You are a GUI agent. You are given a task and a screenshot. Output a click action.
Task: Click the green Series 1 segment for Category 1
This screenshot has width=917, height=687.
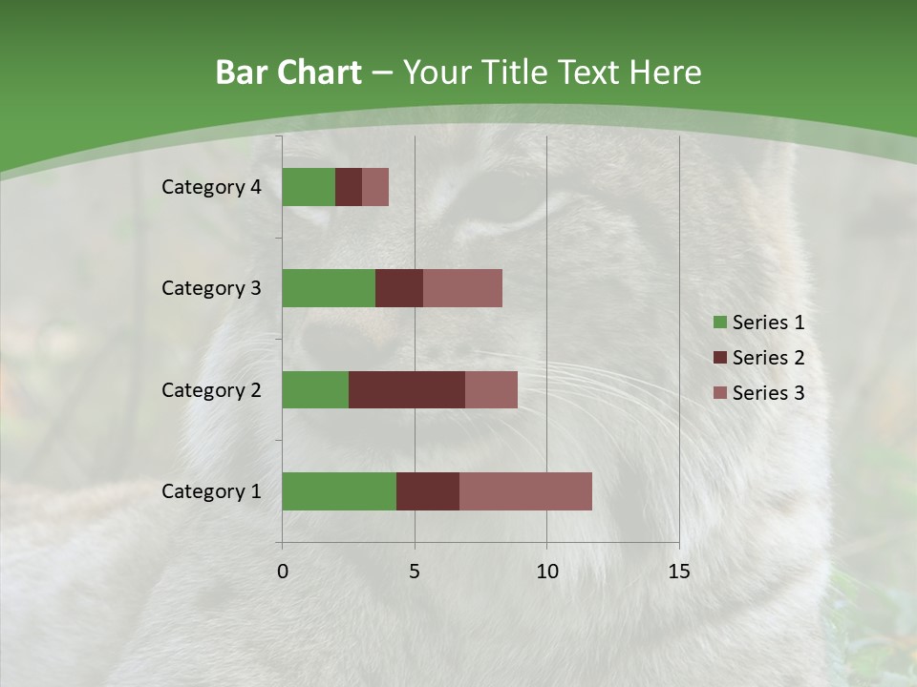point(339,491)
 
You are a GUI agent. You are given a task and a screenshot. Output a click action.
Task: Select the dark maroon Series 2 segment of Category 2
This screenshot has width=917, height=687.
point(407,389)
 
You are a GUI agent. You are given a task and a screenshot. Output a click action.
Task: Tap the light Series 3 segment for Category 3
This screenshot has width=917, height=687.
point(462,288)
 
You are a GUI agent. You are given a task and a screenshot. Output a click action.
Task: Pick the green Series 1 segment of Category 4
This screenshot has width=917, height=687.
point(309,187)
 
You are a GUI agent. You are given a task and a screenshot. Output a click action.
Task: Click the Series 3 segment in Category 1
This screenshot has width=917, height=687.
point(525,491)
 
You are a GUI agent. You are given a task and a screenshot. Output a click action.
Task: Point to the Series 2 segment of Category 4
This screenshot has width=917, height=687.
point(349,187)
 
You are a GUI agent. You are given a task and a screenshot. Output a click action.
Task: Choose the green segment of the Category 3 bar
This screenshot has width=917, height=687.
point(329,288)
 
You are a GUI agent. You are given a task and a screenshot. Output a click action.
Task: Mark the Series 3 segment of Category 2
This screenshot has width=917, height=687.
point(491,389)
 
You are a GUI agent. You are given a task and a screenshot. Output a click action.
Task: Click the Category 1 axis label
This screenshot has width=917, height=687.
point(211,491)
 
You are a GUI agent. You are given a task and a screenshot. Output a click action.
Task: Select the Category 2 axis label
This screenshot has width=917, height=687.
point(211,389)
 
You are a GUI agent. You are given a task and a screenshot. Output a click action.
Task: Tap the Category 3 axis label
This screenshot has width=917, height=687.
point(211,288)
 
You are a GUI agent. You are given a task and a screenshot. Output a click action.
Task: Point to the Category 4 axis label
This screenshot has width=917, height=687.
point(211,187)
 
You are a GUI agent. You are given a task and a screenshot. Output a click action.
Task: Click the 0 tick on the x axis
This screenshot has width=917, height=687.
point(283,572)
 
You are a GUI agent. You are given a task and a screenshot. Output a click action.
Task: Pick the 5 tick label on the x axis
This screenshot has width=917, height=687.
point(415,572)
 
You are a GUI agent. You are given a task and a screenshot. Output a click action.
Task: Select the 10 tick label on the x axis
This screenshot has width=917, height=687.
point(546,572)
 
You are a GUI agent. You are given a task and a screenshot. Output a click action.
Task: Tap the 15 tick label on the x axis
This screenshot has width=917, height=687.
point(678,572)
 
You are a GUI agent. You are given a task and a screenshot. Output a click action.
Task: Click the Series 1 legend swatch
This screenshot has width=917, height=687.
point(719,323)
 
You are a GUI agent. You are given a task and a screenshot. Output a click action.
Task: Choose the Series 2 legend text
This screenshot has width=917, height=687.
point(768,358)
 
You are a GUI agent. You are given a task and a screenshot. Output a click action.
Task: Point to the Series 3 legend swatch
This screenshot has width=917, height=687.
point(719,393)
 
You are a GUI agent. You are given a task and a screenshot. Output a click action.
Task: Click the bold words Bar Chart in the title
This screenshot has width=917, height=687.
point(288,73)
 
